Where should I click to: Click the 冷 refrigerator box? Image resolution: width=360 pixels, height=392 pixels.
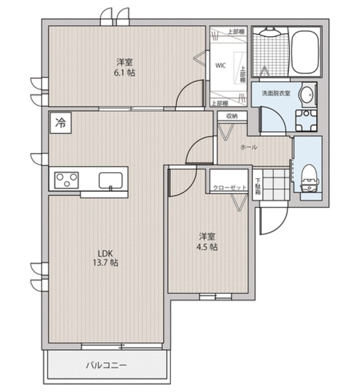click(x=61, y=123)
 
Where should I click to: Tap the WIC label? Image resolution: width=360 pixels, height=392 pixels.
click(x=220, y=66)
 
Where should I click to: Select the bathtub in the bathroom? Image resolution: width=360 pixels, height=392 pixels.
click(x=306, y=53)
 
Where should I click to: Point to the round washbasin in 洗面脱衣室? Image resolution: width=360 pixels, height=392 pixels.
click(x=307, y=95)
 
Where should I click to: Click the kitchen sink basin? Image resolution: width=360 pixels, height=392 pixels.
click(x=111, y=180)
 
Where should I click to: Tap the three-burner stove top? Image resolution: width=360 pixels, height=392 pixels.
click(x=67, y=180)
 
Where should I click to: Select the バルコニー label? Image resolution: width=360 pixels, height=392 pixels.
click(x=107, y=365)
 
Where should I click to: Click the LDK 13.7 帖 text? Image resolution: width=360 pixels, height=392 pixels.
click(x=105, y=258)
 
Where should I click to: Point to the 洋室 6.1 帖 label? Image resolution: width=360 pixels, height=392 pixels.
click(x=125, y=67)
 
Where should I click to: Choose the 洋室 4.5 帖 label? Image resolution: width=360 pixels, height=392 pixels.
click(x=207, y=241)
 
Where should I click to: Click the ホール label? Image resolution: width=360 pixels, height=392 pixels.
click(x=249, y=147)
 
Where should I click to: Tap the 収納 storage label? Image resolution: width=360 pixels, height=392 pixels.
click(x=232, y=116)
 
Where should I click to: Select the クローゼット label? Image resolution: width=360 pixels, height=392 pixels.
click(x=230, y=188)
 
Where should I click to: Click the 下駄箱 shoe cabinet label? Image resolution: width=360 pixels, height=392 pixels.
click(x=258, y=186)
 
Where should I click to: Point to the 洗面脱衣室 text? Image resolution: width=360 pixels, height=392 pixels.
click(x=276, y=93)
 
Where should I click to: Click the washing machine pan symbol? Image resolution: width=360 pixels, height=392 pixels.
click(x=306, y=121)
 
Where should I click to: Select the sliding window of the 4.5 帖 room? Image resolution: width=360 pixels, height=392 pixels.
click(x=216, y=296)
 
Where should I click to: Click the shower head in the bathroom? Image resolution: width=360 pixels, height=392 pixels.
click(x=269, y=32)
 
